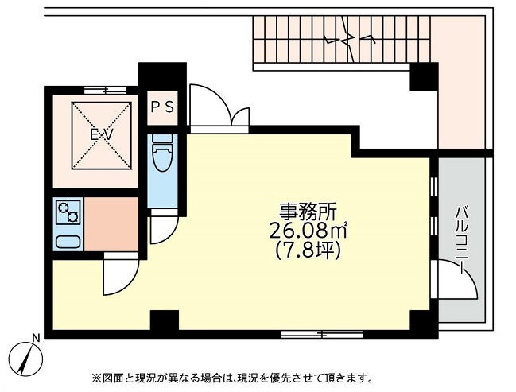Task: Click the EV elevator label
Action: pos(102,134)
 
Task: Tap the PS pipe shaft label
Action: pos(162,107)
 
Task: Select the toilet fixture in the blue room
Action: pos(162,153)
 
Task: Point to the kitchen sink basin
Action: pos(68,242)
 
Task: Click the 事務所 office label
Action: pos(308,212)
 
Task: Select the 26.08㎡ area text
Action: pos(308,231)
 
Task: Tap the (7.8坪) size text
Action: pos(308,250)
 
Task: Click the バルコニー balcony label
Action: pos(461,239)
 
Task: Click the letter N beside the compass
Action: pos(37,337)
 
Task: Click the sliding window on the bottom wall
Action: pos(321,335)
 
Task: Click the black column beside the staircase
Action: pos(424,76)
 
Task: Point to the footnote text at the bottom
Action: pos(232,378)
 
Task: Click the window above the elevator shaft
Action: pos(105,90)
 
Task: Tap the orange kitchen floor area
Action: pos(111,224)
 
